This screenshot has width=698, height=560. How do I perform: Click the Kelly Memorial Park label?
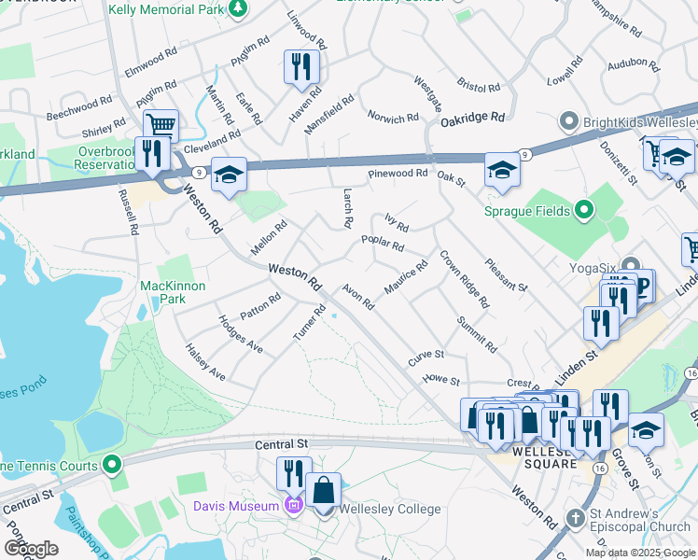(167, 9)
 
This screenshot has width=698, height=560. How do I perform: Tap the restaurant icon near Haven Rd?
(301, 66)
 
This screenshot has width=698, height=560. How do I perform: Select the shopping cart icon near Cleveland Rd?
(161, 124)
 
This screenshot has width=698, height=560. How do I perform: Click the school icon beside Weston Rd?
(229, 175)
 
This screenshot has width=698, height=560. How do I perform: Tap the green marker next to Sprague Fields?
(585, 210)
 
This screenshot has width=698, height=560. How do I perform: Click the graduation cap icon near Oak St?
(502, 171)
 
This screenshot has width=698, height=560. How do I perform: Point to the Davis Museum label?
(237, 506)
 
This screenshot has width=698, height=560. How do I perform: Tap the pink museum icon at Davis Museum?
(294, 506)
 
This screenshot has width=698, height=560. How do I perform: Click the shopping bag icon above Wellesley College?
(323, 489)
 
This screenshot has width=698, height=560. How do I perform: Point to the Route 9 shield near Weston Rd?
(198, 172)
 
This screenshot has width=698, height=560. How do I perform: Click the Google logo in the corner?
(31, 549)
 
